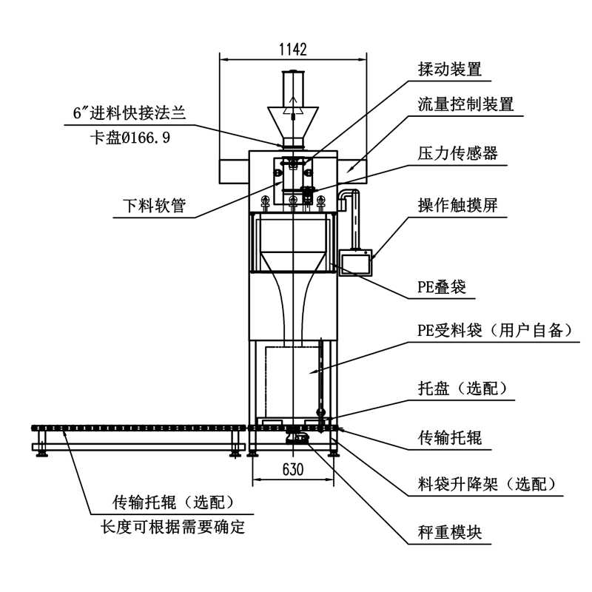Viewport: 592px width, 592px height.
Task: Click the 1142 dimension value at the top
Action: pos(293,50)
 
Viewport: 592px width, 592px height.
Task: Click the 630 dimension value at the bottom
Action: pos(294,468)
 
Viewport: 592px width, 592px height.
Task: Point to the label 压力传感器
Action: pos(457,154)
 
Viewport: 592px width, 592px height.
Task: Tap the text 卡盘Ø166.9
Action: pos(130,136)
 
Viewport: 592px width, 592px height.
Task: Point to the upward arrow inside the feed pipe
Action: pos(295,101)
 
